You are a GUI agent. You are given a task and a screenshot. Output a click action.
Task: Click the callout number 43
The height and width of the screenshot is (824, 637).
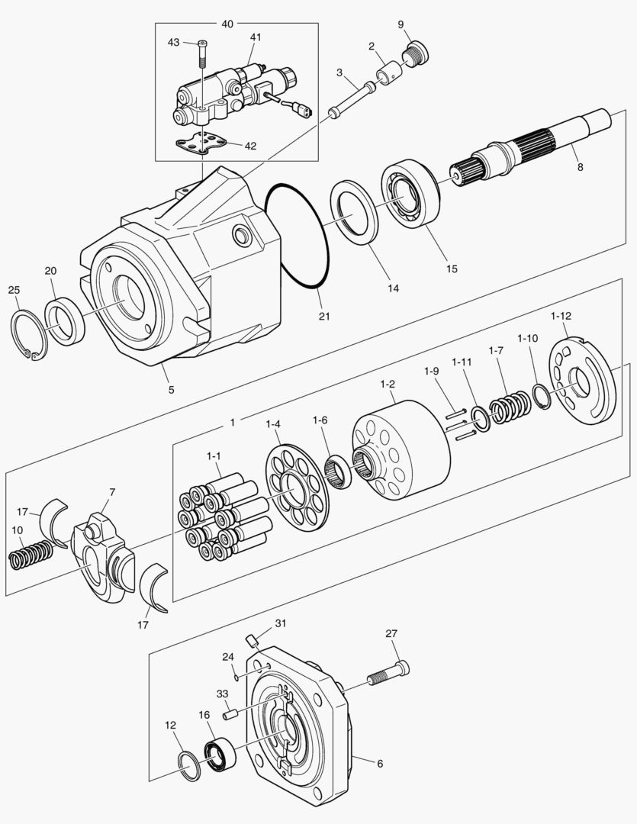174,42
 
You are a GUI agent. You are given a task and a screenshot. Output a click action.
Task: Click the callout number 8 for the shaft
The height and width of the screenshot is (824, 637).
581,166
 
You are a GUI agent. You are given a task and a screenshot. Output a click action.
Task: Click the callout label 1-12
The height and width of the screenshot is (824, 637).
561,315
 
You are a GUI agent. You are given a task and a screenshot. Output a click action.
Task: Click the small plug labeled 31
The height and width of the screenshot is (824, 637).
251,639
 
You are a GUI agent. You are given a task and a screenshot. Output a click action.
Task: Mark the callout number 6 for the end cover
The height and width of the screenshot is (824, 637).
379,763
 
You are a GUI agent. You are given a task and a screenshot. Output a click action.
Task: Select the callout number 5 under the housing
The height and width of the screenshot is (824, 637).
171,389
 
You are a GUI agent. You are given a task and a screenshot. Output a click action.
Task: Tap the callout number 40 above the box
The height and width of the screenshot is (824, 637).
227,24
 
